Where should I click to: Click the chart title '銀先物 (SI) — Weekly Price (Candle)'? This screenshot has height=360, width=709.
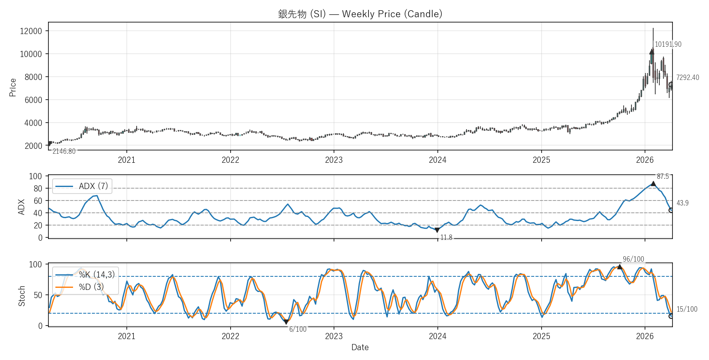[x=360, y=14]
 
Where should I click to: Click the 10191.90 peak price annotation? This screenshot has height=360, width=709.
[x=668, y=44]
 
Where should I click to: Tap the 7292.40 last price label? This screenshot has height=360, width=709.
[x=687, y=77]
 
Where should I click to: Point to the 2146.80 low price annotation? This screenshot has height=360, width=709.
[x=64, y=151]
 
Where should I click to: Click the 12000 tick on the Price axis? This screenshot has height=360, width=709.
[x=31, y=31]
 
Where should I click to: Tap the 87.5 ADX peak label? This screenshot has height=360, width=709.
[x=663, y=176]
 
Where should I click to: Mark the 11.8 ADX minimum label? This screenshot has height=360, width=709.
[x=446, y=237]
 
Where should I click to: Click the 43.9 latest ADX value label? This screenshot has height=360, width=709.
[x=682, y=203]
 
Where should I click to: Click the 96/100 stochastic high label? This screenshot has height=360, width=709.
[x=633, y=259]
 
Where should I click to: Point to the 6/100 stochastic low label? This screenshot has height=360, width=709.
[x=298, y=329]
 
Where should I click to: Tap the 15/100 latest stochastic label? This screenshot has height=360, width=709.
[x=686, y=309]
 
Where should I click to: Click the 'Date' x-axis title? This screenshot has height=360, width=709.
[x=360, y=347]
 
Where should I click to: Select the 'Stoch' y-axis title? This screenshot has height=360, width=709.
[x=22, y=296]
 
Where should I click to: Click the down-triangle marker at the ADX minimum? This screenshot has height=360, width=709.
[x=437, y=230]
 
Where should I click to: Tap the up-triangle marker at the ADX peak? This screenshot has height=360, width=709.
[x=653, y=184]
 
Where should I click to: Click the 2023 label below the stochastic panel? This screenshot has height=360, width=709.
[x=334, y=336]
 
